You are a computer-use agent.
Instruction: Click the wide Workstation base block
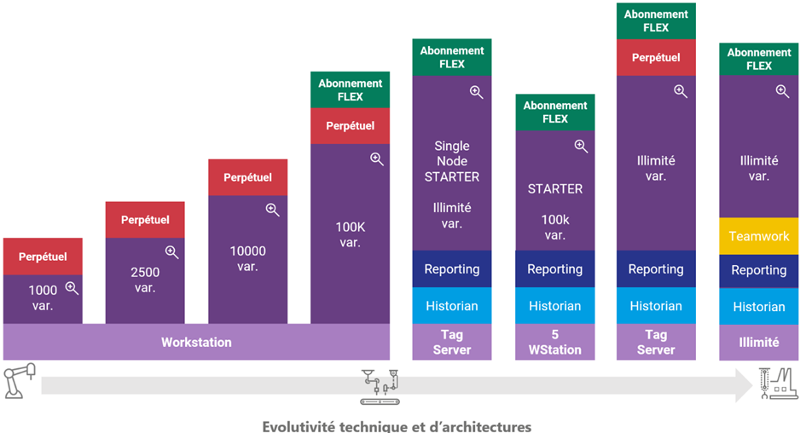point(196,342)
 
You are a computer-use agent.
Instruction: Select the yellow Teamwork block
point(758,236)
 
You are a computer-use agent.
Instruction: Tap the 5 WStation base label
point(554,343)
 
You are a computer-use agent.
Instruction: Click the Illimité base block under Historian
point(758,343)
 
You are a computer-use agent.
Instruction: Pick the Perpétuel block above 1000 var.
point(43,256)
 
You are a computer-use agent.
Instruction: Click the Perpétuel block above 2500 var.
point(145,219)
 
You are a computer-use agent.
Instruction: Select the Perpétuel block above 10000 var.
point(247,177)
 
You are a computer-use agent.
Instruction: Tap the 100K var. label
point(350,234)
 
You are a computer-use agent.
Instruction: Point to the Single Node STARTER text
point(452,161)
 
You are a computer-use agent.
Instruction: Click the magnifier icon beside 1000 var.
point(72,288)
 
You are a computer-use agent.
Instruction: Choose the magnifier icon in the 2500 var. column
point(171,251)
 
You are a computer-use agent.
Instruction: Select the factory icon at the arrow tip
point(776,383)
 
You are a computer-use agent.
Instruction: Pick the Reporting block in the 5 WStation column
point(554,268)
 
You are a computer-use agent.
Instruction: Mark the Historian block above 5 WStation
point(554,306)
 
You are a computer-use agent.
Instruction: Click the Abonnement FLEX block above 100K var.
point(350,89)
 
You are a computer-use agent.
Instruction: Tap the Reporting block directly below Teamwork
point(758,270)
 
